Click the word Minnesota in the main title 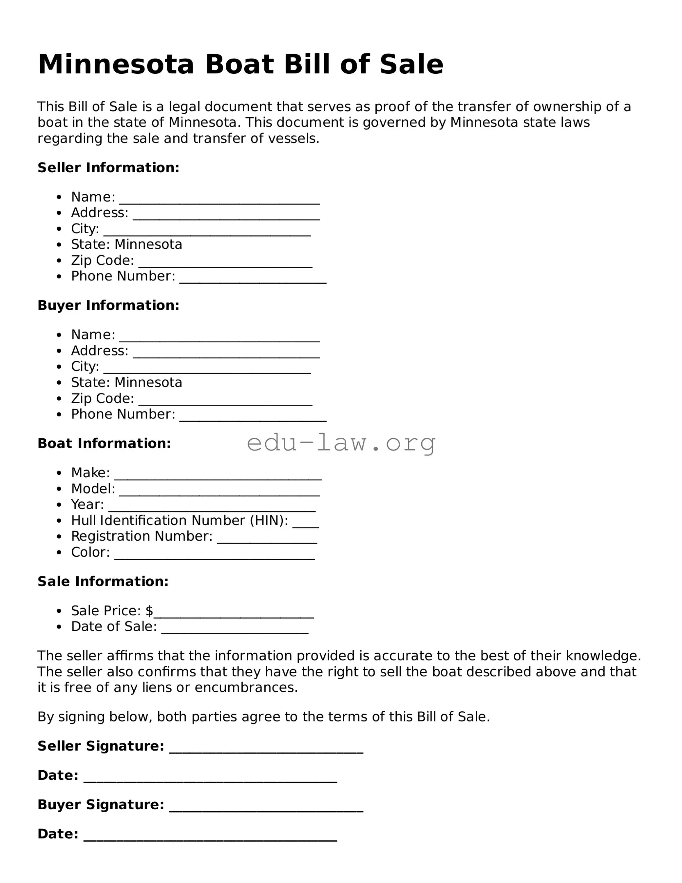116,65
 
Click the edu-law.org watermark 341,443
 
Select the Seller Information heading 108,168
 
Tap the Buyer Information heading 108,305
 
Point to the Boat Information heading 104,444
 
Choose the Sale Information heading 103,581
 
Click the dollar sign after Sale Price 149,611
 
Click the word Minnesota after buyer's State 148,382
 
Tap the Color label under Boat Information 90,552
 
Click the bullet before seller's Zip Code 59,261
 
